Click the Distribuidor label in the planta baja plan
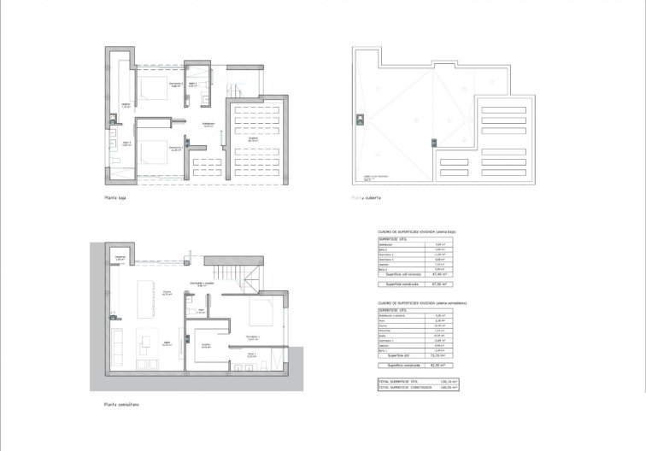tap(208, 125)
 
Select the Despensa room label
tap(120, 258)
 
